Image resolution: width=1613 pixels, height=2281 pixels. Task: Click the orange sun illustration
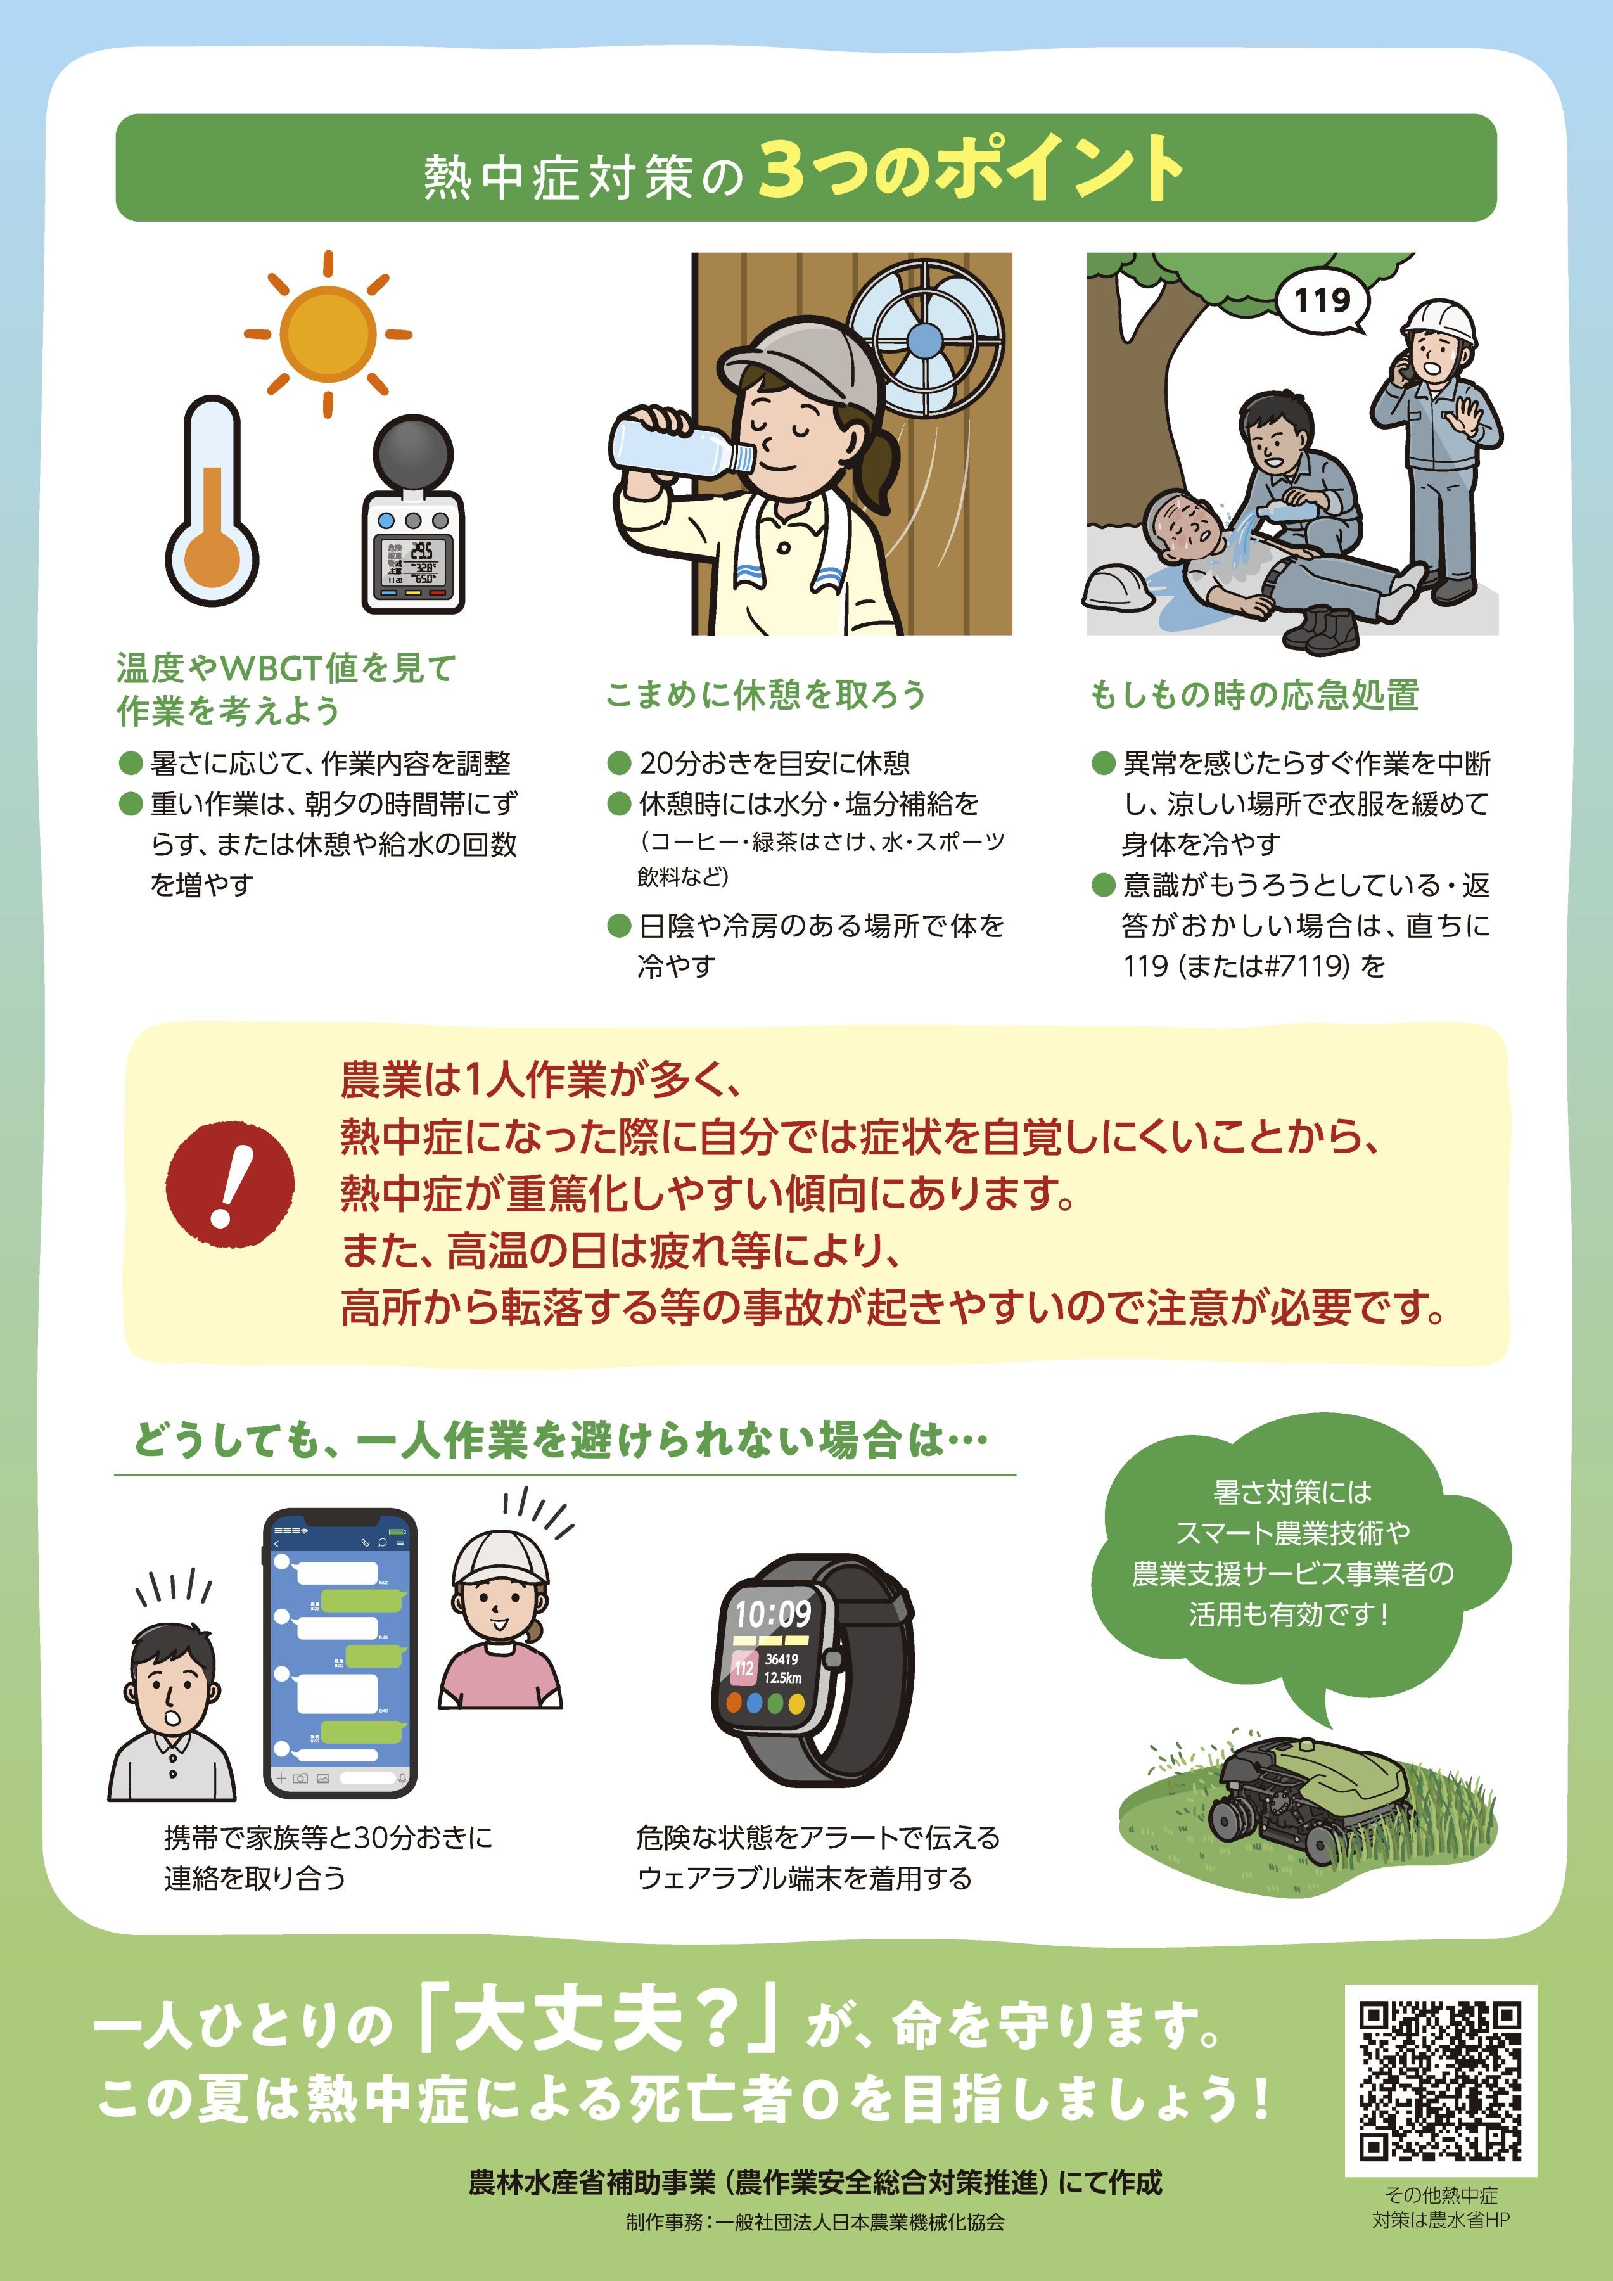tap(328, 334)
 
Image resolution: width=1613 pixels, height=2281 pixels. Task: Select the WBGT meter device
tap(412, 514)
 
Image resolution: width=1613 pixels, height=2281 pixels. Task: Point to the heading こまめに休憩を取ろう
tap(765, 694)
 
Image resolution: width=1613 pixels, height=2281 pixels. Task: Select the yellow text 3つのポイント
tap(971, 169)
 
